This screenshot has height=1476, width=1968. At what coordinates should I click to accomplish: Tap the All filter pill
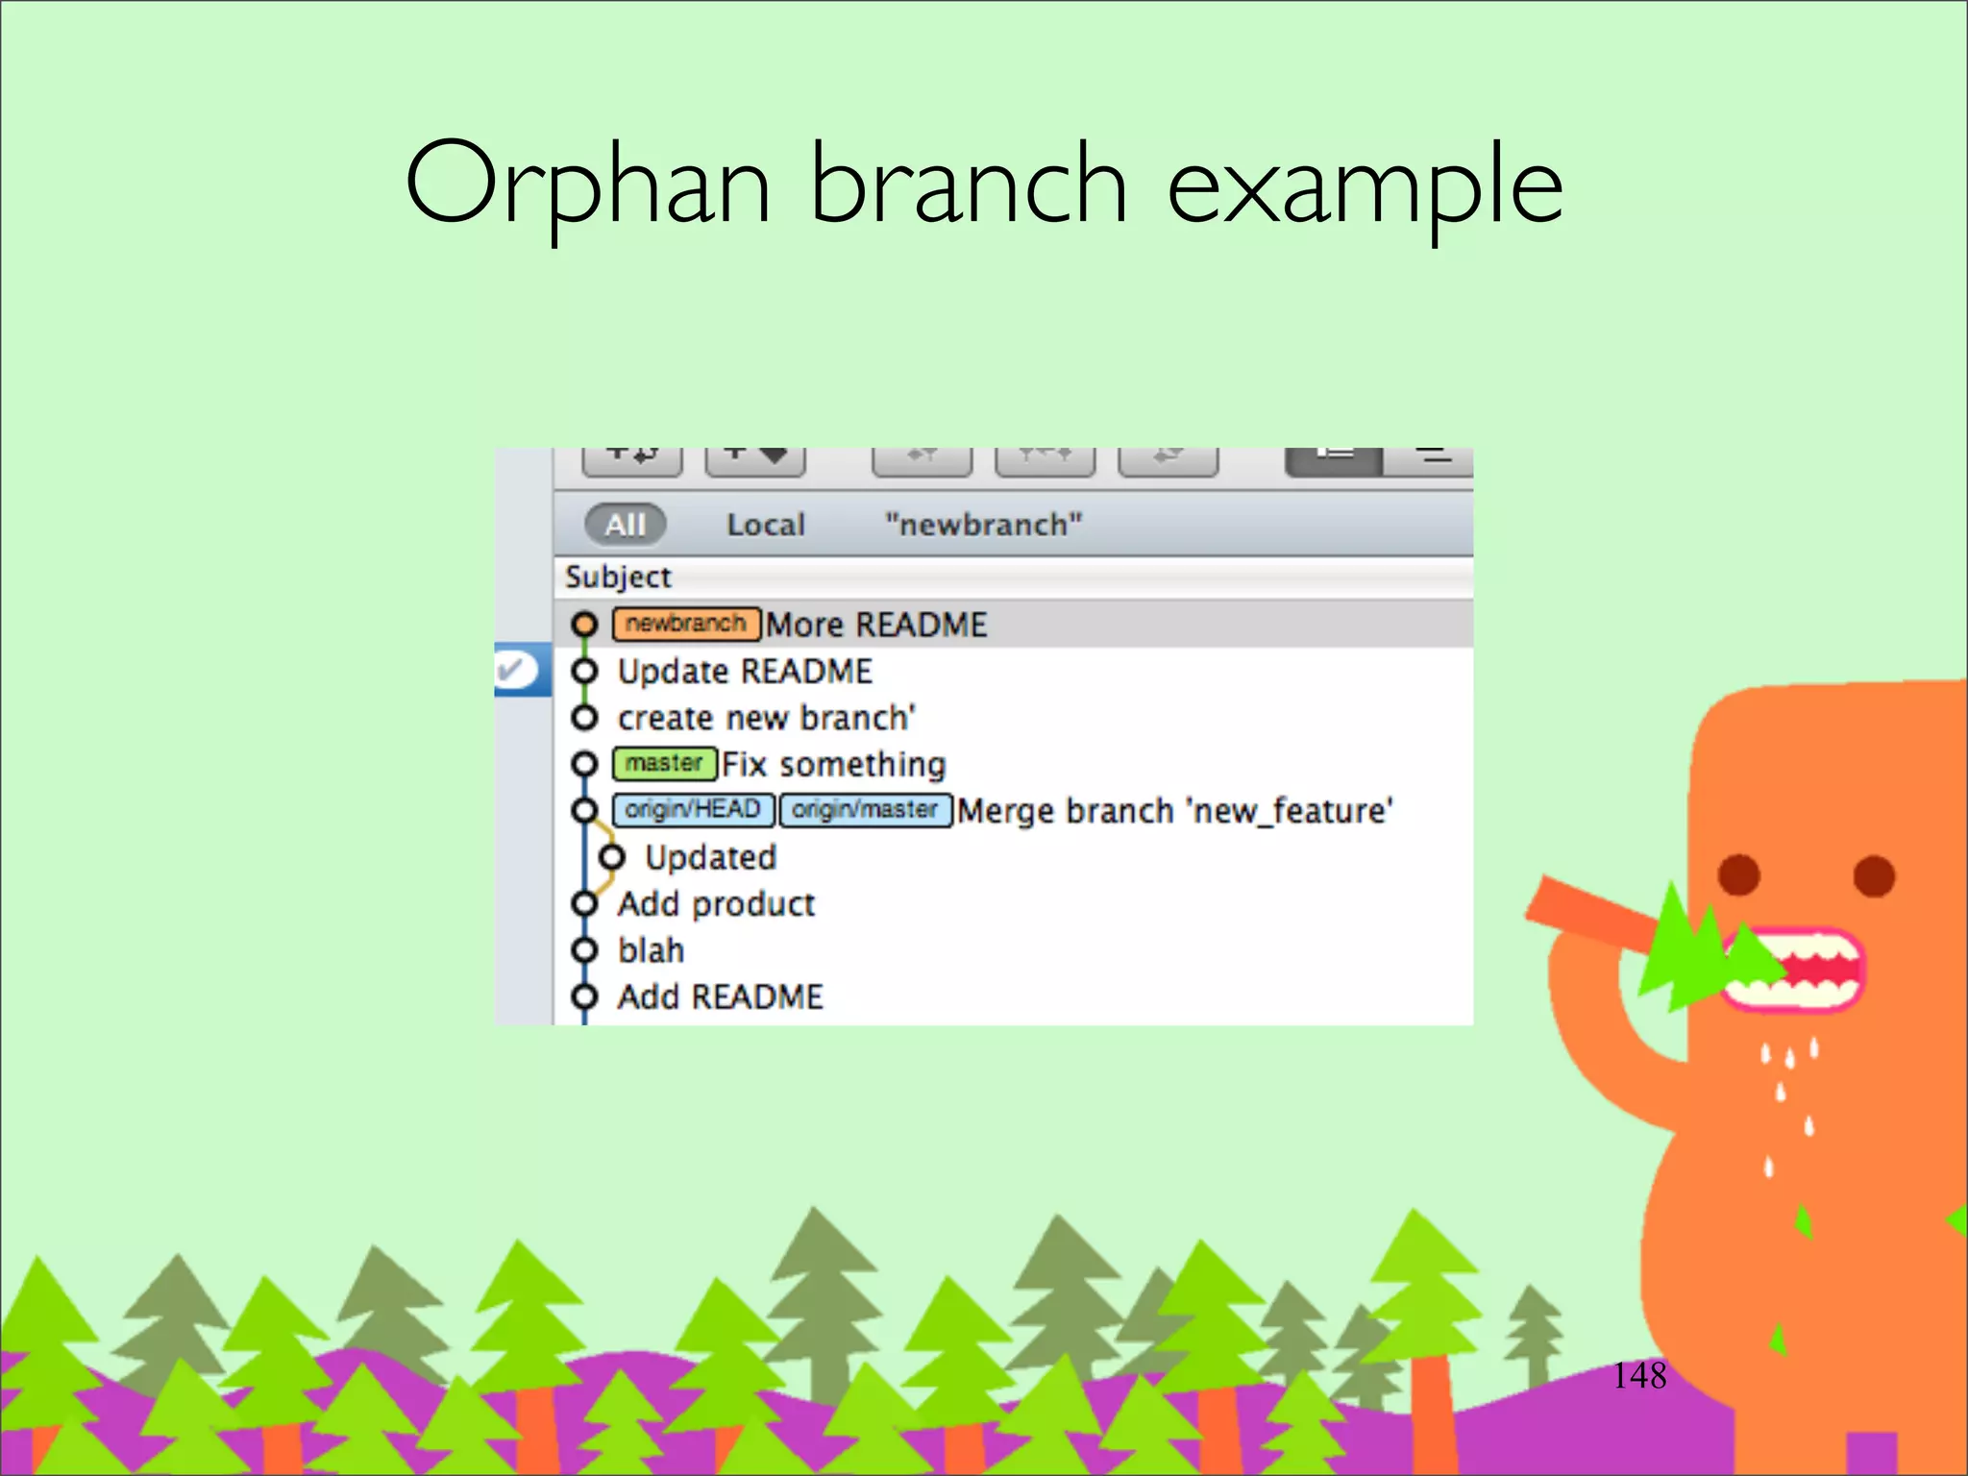625,525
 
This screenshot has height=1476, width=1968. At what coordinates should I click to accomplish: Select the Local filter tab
765,525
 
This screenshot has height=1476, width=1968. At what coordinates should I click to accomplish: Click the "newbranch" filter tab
983,525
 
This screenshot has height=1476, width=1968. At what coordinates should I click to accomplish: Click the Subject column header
618,577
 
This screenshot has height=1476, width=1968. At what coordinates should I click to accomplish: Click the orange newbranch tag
686,624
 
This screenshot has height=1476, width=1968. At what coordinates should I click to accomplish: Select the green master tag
664,764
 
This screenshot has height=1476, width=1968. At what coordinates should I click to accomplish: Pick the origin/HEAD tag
692,810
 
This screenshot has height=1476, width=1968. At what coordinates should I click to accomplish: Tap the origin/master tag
865,810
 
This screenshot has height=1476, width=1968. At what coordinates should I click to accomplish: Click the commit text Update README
745,671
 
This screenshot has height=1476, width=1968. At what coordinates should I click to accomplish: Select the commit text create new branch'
766,718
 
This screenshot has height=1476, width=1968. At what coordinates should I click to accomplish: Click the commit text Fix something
833,764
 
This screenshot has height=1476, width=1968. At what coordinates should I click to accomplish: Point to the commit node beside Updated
611,856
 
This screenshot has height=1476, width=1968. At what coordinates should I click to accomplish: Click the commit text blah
651,950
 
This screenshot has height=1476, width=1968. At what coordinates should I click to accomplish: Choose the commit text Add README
720,996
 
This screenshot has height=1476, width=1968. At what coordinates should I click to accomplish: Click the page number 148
1639,1375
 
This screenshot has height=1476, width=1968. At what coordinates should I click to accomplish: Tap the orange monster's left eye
1738,875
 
